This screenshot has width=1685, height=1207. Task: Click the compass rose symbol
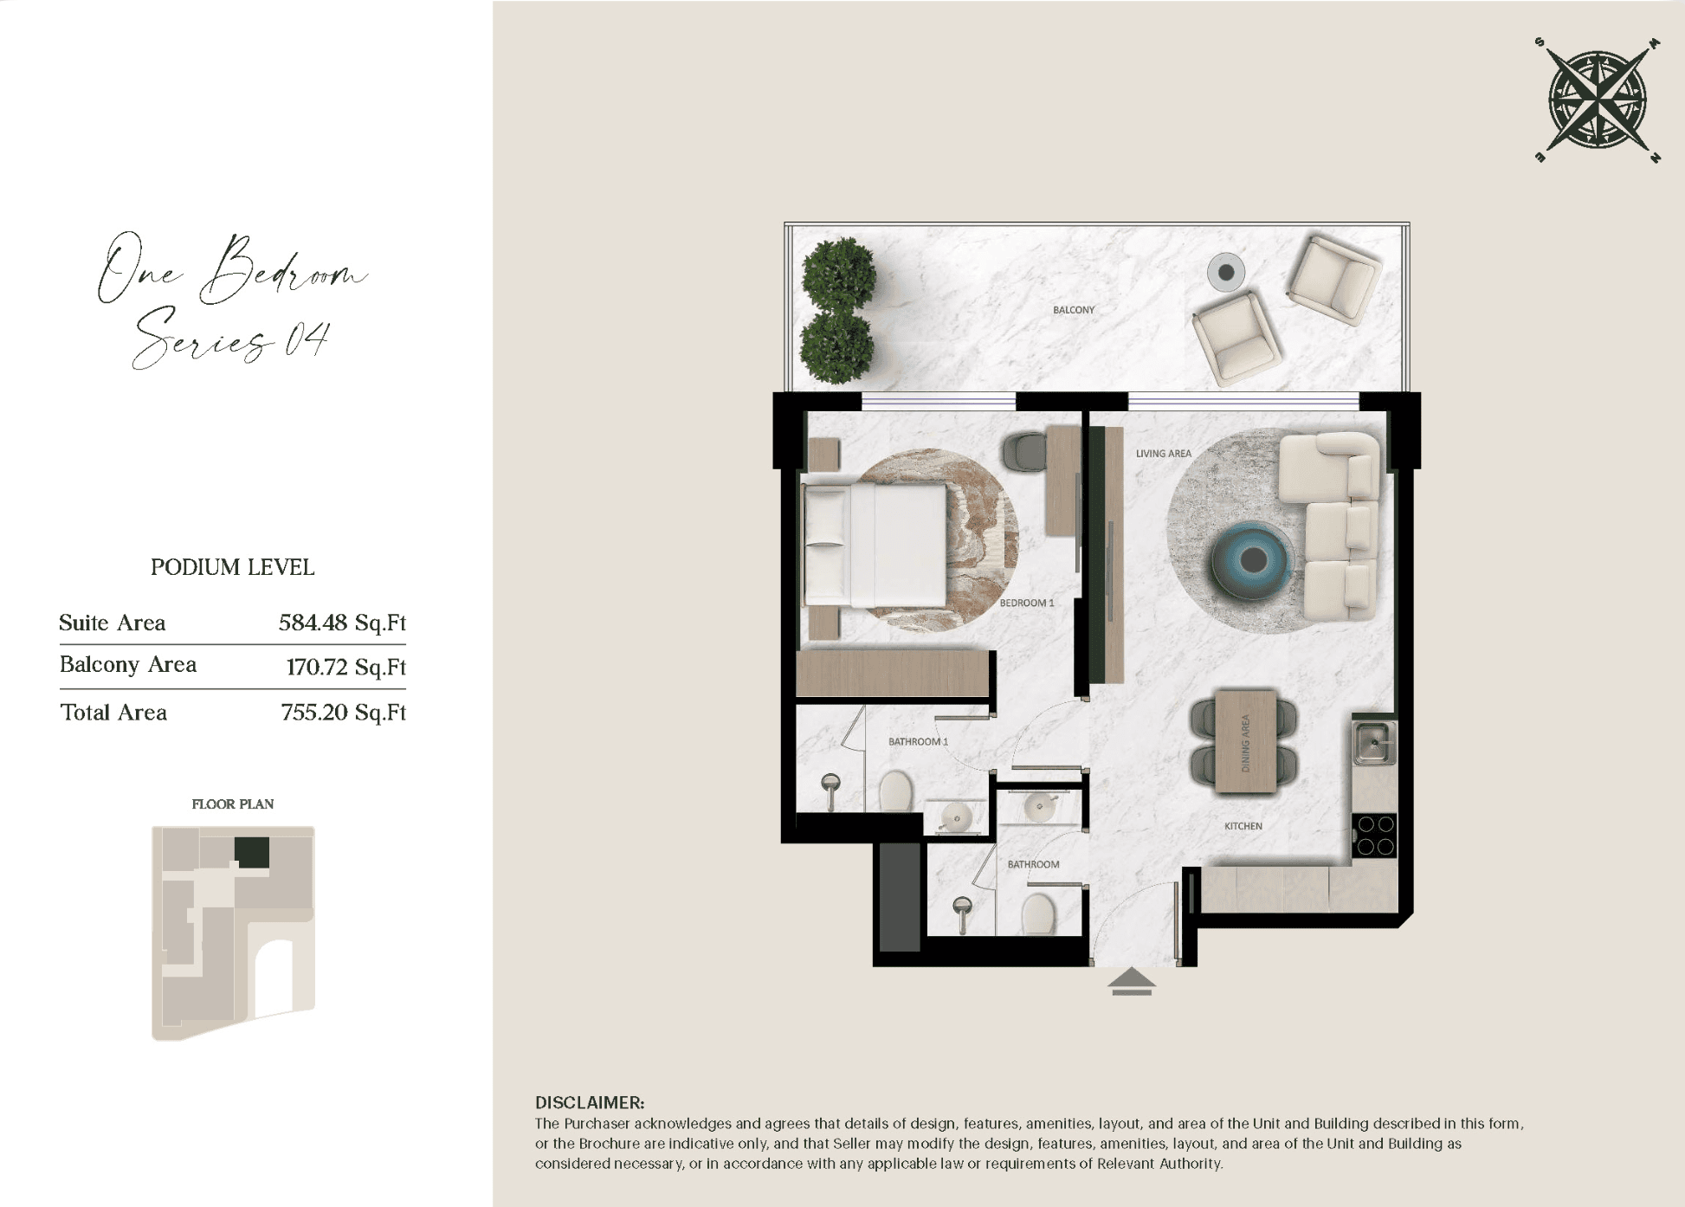tap(1598, 100)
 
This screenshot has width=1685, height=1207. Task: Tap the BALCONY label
tap(1074, 310)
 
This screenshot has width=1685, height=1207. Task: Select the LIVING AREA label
tap(1163, 454)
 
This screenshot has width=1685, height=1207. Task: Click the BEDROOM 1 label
tap(1027, 603)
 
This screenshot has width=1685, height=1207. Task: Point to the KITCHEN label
tap(1243, 826)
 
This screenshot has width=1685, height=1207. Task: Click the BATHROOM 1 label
tap(918, 742)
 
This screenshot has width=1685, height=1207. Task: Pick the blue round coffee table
tap(1252, 560)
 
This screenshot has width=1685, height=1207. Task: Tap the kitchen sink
tap(1374, 743)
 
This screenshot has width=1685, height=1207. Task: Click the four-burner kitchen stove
tap(1374, 835)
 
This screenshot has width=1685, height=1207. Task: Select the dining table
tap(1245, 741)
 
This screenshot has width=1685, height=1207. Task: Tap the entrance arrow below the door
tap(1131, 982)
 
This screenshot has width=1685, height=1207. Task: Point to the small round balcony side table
tap(1226, 273)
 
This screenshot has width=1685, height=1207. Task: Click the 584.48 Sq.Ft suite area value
tap(342, 623)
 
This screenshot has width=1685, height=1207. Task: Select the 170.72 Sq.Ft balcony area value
tap(345, 668)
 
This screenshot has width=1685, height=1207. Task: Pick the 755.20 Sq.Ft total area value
tap(344, 713)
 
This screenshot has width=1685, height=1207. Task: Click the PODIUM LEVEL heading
tap(232, 568)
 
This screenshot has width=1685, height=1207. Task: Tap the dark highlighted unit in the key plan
tap(252, 853)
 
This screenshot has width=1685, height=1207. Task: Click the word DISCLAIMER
tap(590, 1103)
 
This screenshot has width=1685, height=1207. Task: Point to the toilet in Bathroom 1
tap(896, 791)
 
